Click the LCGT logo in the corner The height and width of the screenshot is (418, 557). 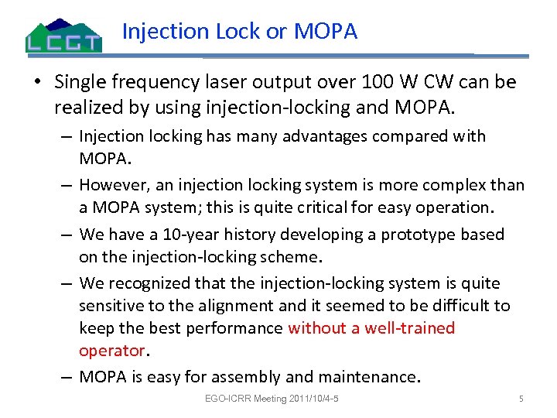click(63, 35)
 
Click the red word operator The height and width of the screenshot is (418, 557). click(112, 350)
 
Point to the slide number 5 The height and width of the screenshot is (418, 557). click(521, 399)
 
